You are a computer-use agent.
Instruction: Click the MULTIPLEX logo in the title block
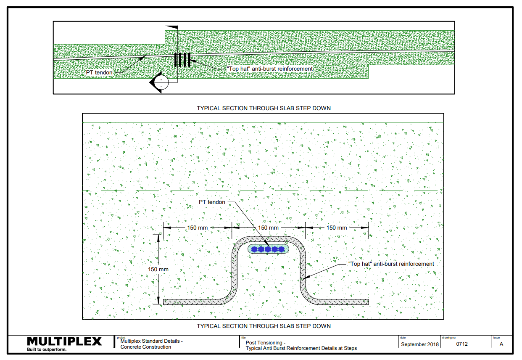(64, 341)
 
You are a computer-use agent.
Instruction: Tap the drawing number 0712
(462, 344)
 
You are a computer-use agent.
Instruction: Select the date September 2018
(420, 344)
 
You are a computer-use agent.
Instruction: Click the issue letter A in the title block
(501, 344)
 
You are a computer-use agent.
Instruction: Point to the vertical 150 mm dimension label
(158, 269)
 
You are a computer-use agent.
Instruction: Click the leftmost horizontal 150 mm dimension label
(198, 228)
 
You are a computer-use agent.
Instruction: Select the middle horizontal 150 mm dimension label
(268, 228)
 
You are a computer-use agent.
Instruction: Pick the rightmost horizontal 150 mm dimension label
(337, 228)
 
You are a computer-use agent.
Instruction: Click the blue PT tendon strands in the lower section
(268, 249)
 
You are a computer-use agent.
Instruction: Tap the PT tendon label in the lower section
(212, 202)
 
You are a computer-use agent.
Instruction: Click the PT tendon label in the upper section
(99, 72)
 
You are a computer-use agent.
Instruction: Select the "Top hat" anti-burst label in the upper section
(270, 69)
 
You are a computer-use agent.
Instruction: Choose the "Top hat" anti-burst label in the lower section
(391, 264)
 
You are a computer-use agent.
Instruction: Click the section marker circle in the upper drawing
(161, 82)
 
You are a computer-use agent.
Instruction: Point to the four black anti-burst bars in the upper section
(182, 60)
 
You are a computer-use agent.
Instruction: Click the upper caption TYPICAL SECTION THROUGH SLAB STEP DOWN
(264, 108)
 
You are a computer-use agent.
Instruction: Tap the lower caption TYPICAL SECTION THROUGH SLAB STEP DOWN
(264, 326)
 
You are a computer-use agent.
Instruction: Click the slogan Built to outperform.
(47, 349)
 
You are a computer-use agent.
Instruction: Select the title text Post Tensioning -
(266, 342)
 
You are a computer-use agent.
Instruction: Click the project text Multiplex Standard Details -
(151, 341)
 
